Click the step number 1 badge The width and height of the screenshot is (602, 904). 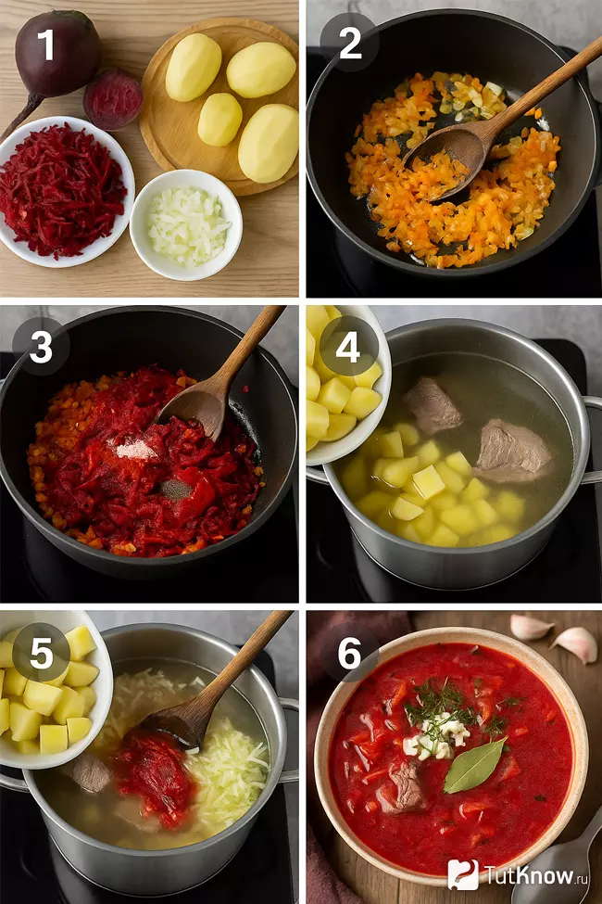[45, 45]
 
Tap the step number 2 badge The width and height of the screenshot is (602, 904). [350, 44]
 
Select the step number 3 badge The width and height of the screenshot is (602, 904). [41, 347]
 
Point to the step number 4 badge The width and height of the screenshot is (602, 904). [348, 347]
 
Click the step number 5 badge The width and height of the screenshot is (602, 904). [42, 653]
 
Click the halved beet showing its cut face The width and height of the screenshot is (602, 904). [113, 99]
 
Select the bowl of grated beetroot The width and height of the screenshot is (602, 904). [65, 192]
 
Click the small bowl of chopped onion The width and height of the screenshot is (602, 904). [186, 225]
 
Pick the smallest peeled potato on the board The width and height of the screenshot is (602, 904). [220, 120]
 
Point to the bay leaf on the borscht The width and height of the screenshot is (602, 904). [473, 765]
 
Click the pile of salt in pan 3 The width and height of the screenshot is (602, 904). [135, 449]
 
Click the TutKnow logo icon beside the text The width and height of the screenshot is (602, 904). [463, 874]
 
